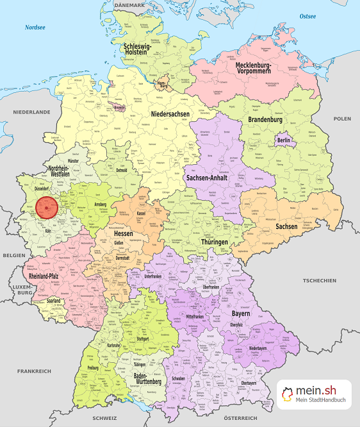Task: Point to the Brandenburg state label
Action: tap(265, 120)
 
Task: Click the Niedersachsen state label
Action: tap(170, 113)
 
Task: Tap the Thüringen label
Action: tap(214, 242)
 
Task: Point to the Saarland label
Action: tap(54, 301)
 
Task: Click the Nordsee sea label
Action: tap(36, 28)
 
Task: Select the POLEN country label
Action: tap(342, 119)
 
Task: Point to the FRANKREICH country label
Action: tap(34, 371)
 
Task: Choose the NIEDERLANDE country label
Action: tap(31, 112)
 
